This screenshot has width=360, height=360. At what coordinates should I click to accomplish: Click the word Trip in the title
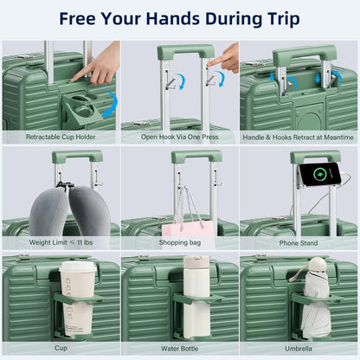(x=278, y=19)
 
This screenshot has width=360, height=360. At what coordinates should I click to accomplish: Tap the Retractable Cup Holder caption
(x=61, y=136)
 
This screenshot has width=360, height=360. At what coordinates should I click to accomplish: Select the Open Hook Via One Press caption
(x=180, y=136)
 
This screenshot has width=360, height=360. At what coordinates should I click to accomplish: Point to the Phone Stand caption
(x=299, y=243)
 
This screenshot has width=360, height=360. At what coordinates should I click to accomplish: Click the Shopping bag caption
(x=180, y=243)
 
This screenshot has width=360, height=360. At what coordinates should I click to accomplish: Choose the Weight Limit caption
(x=61, y=243)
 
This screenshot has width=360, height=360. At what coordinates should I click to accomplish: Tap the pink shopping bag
(x=189, y=227)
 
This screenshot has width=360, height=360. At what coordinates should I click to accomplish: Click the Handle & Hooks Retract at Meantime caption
(x=299, y=136)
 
